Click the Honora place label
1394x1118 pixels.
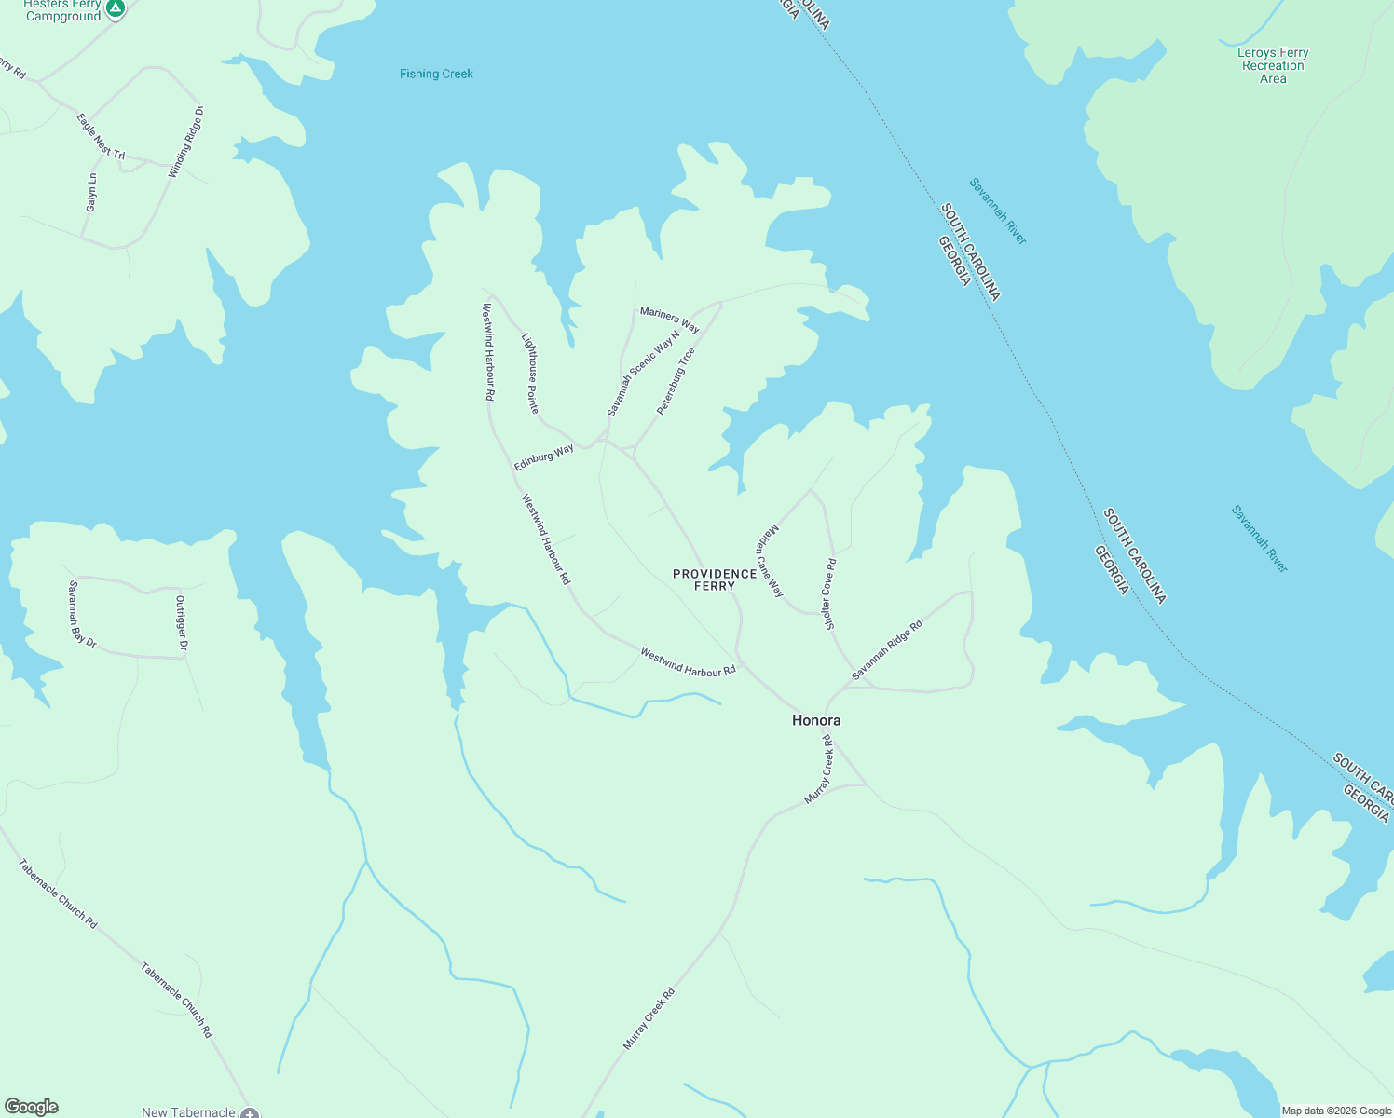tap(816, 720)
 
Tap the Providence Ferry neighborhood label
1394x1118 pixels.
tap(715, 579)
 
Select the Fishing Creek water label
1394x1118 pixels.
tap(436, 74)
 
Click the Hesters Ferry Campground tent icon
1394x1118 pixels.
tap(116, 9)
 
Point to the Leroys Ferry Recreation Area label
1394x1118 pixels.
tap(1273, 65)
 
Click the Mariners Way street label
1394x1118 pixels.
tap(669, 320)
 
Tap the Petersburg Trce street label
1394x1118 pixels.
tap(676, 381)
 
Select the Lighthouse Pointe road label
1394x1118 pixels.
tap(529, 373)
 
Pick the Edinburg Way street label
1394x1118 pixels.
tap(544, 457)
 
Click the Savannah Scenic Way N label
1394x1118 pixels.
tap(643, 374)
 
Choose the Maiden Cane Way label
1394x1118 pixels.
tap(770, 561)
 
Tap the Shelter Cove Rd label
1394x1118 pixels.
tap(829, 594)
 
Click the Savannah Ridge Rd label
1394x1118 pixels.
tap(886, 649)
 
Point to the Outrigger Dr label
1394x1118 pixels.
tap(182, 623)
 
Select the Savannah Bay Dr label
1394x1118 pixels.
tap(82, 614)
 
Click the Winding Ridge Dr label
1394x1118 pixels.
tap(185, 143)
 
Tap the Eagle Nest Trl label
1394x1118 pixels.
tap(101, 136)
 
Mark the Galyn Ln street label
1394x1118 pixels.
tap(91, 192)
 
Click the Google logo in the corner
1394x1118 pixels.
tap(32, 1107)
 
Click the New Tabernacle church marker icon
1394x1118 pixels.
tap(250, 1112)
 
